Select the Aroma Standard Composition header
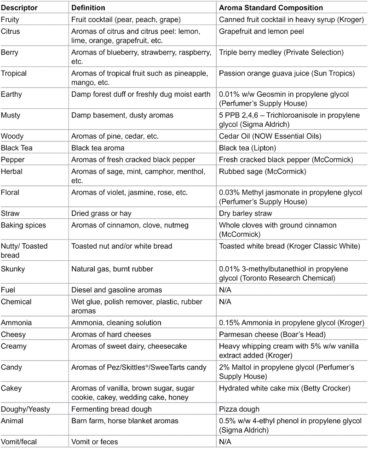click(x=271, y=8)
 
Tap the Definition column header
click(x=88, y=8)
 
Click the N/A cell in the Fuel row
click(x=226, y=290)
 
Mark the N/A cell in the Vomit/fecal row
click(x=226, y=442)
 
